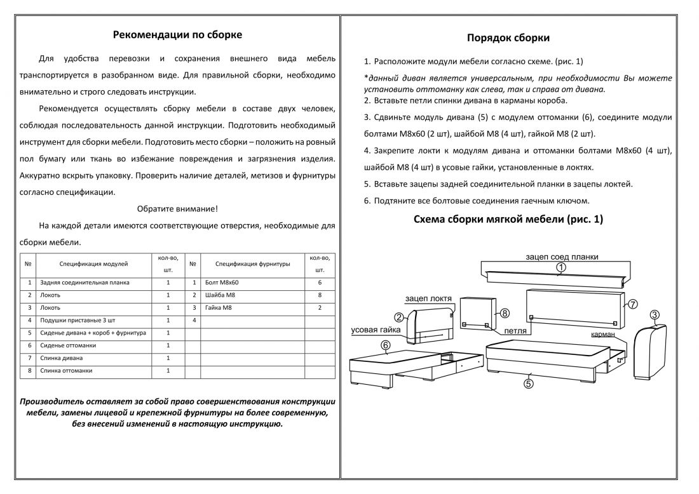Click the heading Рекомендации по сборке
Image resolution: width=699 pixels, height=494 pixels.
click(177, 35)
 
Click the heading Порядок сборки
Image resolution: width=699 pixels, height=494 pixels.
click(508, 38)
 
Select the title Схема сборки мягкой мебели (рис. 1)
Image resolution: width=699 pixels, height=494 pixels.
click(508, 220)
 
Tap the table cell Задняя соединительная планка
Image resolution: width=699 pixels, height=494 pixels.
click(84, 283)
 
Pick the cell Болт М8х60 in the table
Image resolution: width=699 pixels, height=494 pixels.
click(222, 283)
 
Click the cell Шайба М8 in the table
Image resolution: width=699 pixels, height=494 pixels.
click(221, 295)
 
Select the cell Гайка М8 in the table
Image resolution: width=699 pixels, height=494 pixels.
click(219, 308)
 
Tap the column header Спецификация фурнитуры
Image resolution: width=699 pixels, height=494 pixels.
click(252, 263)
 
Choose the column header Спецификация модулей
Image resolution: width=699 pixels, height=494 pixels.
click(93, 263)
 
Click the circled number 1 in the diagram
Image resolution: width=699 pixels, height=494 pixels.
click(560, 269)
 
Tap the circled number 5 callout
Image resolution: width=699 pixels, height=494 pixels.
click(529, 383)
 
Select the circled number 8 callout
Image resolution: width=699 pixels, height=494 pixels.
click(505, 313)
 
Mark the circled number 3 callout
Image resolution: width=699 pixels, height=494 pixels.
click(655, 314)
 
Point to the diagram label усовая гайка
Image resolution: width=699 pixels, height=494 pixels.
click(376, 330)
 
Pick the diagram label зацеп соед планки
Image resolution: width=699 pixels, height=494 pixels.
click(562, 257)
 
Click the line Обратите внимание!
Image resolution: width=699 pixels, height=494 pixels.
click(177, 208)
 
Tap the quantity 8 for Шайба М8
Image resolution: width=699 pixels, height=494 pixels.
click(320, 295)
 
